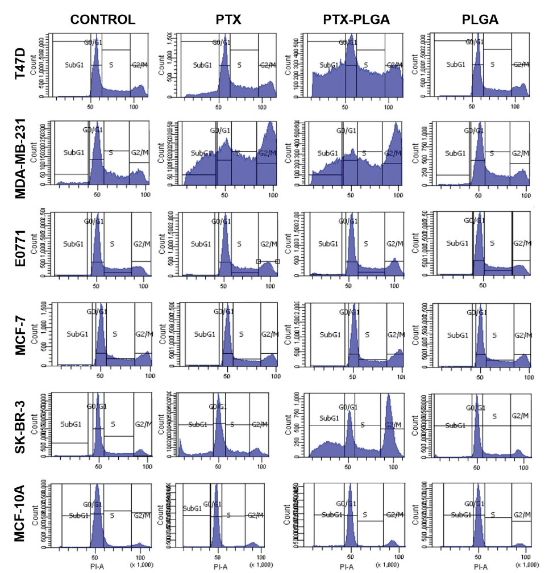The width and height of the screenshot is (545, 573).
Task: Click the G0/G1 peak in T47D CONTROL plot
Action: coord(96,57)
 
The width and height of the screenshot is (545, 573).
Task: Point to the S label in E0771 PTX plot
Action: coord(239,244)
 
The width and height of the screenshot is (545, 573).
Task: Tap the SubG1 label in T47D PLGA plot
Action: coord(455,65)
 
